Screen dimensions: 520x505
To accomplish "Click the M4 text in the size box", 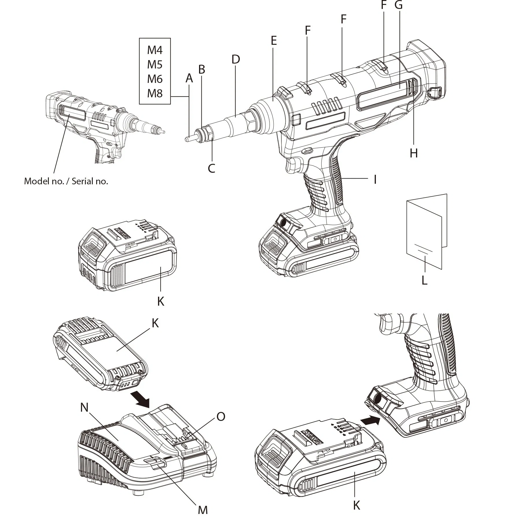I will pos(155,50).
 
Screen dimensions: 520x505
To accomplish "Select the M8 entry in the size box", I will pos(155,93).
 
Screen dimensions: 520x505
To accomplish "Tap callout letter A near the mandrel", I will pos(189,78).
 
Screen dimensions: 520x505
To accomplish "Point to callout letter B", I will pos(202,69).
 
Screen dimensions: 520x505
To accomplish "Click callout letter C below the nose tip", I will pos(211,168).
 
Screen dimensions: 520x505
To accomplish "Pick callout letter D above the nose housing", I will pos(236,59).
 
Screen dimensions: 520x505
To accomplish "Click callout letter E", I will pos(274,41).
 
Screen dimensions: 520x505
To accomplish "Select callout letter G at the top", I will pos(399,5).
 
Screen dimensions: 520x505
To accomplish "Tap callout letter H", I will pos(414,153).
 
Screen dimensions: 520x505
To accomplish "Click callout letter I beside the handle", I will pos(375,179).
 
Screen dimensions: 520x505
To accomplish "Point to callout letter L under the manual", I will pos(424,280).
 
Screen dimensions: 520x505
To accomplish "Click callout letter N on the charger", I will pos(84,408).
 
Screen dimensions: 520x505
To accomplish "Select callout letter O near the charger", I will pos(221,417).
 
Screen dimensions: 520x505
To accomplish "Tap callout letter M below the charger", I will pos(203,510).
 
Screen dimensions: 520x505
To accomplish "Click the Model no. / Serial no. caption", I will pos(66,181).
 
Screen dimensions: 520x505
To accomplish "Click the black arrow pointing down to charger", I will pos(140,399).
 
